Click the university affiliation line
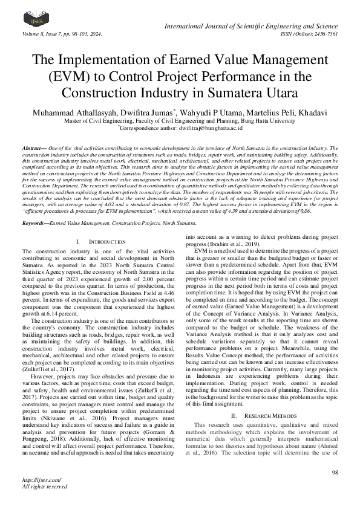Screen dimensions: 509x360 pyautogui.click(x=180, y=121)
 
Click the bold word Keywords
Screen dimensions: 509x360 pyautogui.click(x=35, y=207)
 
